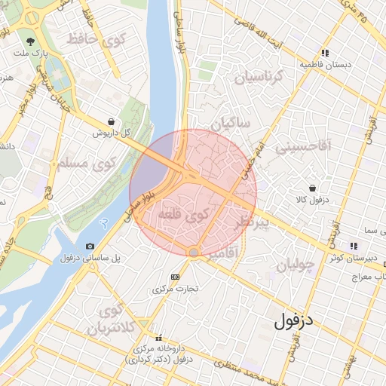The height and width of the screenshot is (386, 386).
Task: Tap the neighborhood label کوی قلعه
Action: (x=185, y=216)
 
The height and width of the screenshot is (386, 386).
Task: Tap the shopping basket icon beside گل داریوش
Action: (x=112, y=121)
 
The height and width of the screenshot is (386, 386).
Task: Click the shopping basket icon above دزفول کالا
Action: (x=312, y=187)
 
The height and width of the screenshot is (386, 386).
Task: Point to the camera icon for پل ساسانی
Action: (x=90, y=246)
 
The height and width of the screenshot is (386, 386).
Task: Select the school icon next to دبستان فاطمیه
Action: (x=325, y=53)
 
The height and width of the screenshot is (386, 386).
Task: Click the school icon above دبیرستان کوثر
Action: (x=353, y=246)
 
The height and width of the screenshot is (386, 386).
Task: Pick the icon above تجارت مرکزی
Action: (x=175, y=277)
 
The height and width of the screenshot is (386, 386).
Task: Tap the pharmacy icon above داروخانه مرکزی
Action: (x=158, y=338)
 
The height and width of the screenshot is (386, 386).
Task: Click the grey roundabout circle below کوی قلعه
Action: (x=194, y=252)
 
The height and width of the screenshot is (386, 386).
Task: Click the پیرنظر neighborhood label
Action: (x=252, y=223)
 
